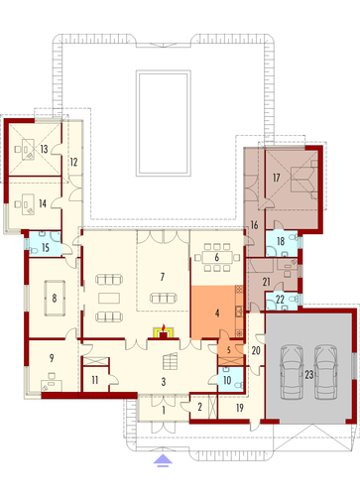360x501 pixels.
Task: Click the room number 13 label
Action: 44,149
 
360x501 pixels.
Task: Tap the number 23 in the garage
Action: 309,375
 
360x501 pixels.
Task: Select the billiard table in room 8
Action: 55,299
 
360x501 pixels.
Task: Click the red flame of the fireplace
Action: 163,328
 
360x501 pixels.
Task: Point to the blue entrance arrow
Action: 163,460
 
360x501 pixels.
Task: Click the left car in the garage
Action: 292,372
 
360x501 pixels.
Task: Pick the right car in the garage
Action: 326,372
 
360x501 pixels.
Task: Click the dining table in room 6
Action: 216,257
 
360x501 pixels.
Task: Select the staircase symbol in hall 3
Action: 170,361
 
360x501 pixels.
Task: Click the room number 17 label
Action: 277,178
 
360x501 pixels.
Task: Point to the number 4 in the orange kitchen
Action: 217,313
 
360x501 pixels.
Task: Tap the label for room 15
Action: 46,247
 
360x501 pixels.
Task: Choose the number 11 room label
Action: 95,380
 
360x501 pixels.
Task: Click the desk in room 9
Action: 52,386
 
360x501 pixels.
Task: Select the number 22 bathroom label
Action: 280,300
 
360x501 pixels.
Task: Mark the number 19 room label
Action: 240,408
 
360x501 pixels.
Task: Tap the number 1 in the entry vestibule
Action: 164,411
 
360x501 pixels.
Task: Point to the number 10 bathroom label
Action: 227,380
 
